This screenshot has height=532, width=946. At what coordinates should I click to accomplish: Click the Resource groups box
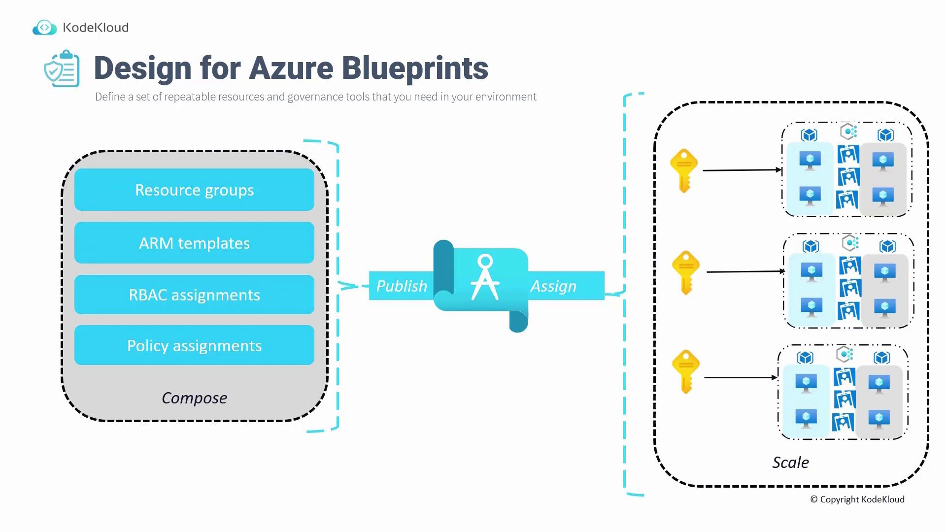(x=194, y=190)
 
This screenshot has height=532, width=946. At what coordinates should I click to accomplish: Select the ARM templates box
(x=194, y=243)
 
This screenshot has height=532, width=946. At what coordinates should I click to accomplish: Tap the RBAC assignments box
(x=194, y=295)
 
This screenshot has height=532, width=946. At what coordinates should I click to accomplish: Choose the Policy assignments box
(x=194, y=345)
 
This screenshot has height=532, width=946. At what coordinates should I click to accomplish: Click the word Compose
(x=194, y=398)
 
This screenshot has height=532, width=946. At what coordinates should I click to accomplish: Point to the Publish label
(x=401, y=286)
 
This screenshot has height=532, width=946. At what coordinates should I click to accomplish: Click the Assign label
(x=553, y=286)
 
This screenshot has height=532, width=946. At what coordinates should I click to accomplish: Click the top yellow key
(x=684, y=170)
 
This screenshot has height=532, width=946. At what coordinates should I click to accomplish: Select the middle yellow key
(x=686, y=272)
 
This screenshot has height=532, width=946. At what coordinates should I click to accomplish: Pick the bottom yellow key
(x=686, y=371)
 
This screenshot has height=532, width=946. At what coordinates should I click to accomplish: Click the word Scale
(x=790, y=462)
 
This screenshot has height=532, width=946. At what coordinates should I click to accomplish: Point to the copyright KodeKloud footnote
(x=857, y=499)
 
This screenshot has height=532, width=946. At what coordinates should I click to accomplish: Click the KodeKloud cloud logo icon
(x=44, y=28)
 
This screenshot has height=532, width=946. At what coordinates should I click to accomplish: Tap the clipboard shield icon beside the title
(x=62, y=69)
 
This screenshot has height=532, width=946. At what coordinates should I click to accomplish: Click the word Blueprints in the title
(x=414, y=68)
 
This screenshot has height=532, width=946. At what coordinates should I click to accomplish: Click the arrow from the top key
(x=742, y=170)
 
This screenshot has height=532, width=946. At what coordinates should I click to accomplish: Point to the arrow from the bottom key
(x=740, y=377)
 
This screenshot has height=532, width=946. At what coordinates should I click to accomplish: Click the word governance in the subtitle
(x=315, y=97)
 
